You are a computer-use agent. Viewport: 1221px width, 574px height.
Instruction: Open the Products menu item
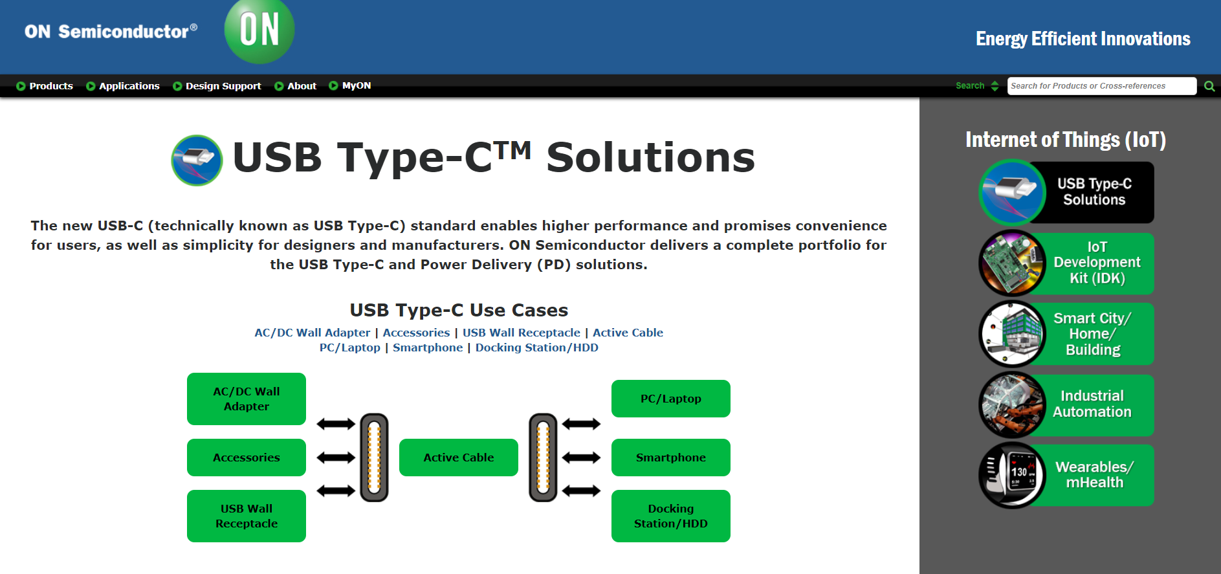[45, 86]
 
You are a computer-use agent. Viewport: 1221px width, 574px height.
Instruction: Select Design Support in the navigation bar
[217, 86]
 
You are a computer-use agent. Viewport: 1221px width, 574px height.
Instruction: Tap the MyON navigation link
[350, 85]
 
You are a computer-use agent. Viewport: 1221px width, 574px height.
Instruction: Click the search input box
[1102, 86]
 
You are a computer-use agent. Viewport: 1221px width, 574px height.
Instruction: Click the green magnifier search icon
[1209, 86]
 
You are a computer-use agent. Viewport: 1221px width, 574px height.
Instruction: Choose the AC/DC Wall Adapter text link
[313, 333]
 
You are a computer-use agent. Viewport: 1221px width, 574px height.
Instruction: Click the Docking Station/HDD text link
[537, 348]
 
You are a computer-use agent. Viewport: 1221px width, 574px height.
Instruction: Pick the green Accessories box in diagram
[247, 458]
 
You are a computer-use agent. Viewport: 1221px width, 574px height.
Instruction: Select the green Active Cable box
[459, 458]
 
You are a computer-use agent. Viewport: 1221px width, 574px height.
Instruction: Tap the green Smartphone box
[671, 458]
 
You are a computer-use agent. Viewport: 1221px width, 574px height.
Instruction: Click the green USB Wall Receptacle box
[247, 516]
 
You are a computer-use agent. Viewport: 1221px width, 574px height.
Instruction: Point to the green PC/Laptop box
[671, 399]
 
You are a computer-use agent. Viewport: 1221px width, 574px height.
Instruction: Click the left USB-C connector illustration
[374, 458]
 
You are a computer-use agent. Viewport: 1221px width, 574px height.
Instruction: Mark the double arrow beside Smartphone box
[581, 458]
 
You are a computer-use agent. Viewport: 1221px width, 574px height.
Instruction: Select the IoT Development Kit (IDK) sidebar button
[1066, 263]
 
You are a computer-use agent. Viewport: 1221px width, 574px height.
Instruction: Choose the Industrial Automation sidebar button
[1066, 404]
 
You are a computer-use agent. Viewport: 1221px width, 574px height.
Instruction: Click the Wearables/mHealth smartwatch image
[1013, 475]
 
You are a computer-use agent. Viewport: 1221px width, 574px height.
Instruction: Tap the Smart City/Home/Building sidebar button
[1066, 334]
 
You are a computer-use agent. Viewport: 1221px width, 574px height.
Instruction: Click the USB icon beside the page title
[197, 160]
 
